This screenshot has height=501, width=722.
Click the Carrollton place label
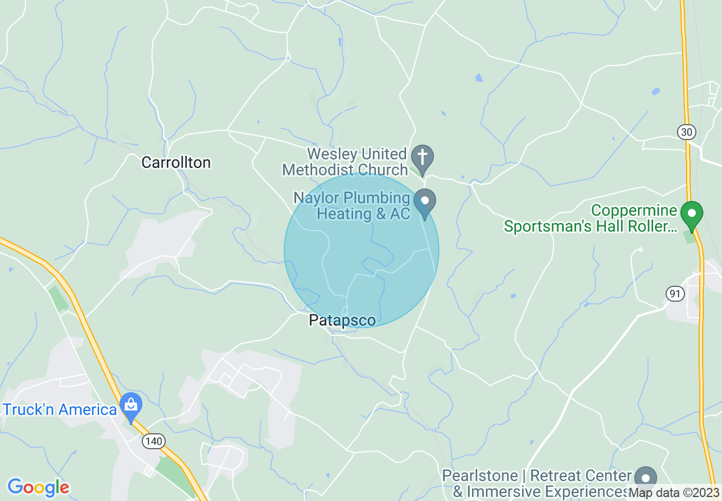[176, 163]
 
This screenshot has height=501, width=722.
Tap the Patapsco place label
[342, 321]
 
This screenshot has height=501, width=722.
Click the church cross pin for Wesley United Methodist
[422, 157]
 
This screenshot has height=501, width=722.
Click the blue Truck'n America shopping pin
[132, 406]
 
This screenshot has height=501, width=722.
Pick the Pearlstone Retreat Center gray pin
[646, 479]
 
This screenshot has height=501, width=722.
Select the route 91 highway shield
[675, 294]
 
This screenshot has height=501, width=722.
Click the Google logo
[38, 487]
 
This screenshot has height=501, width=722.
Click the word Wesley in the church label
[332, 154]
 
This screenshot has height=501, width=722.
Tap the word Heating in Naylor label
[344, 214]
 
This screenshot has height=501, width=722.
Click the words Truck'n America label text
[60, 409]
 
